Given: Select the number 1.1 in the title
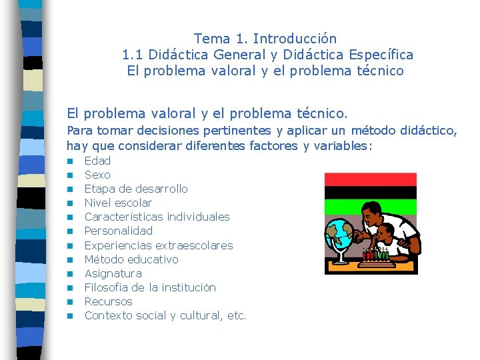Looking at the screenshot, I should tap(133, 55).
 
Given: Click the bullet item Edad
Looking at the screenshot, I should tap(97, 161).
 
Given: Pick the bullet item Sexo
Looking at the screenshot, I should tap(97, 175).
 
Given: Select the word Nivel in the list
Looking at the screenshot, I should tap(97, 203).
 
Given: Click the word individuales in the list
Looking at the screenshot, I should tap(198, 217).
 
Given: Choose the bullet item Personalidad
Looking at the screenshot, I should tap(119, 231).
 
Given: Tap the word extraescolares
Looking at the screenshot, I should tap(194, 245).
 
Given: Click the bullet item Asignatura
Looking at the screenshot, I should tap(113, 273).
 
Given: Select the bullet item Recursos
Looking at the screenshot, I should tap(109, 301).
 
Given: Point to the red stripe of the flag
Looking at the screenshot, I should tap(370, 179).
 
